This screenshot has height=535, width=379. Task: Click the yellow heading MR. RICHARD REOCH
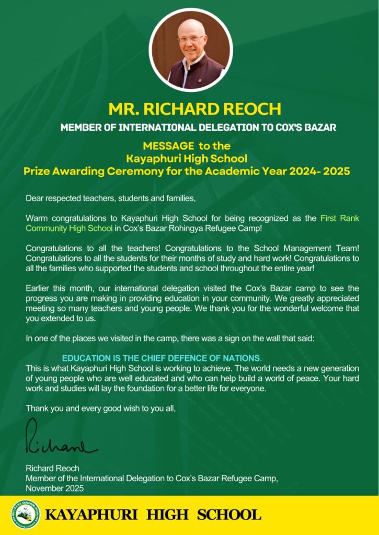point(194,109)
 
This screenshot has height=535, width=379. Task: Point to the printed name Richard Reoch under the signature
point(52,468)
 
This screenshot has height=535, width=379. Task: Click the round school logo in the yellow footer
point(25,515)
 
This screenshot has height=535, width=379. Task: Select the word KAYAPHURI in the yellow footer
point(91,515)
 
